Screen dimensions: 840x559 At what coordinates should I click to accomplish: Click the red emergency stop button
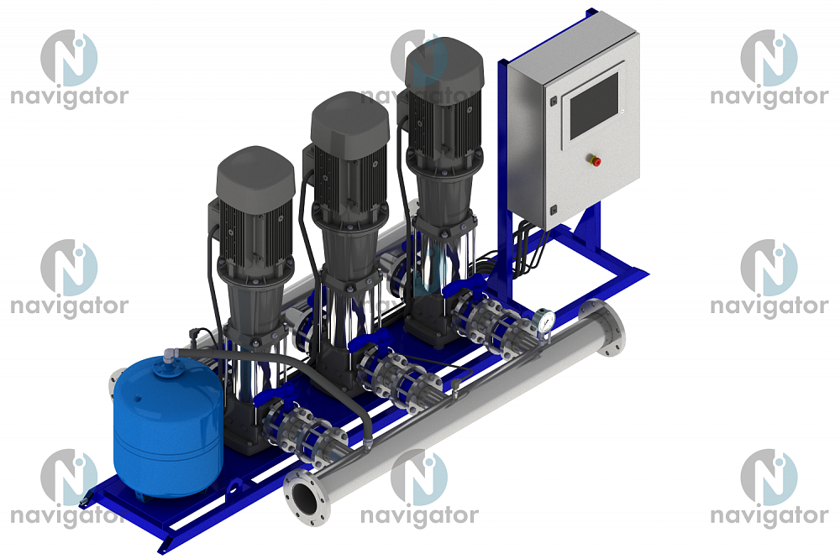[595, 160]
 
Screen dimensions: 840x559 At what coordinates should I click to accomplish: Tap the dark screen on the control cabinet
[594, 106]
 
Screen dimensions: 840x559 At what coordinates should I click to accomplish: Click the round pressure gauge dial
[545, 320]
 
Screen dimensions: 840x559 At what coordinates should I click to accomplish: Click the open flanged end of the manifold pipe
[307, 497]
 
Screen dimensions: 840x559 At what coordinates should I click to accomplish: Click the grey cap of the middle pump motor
[349, 124]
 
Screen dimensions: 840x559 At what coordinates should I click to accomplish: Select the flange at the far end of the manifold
[603, 327]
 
